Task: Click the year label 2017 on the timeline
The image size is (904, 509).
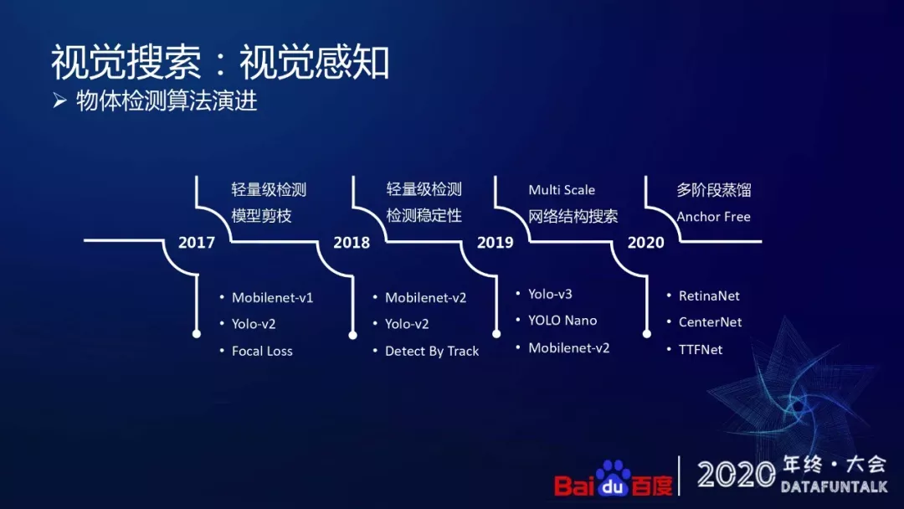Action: [197, 242]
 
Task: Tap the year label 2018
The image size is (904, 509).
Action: [352, 242]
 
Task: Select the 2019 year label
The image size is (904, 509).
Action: [496, 242]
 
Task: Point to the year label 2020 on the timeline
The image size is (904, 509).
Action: [645, 242]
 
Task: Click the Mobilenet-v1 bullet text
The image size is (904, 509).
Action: [273, 297]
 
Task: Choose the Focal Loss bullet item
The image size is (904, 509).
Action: [262, 351]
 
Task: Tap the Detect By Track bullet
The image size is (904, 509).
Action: [432, 351]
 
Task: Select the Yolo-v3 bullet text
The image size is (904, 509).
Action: [550, 294]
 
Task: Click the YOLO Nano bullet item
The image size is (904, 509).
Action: [562, 321]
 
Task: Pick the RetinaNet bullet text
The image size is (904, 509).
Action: [709, 296]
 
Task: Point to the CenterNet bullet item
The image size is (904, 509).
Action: [711, 322]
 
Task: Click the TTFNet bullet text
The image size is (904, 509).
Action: [701, 349]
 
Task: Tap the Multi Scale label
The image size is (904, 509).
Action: [562, 190]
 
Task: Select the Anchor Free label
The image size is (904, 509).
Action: [714, 217]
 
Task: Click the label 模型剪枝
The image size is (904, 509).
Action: [262, 216]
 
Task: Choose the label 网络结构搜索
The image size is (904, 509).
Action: [573, 216]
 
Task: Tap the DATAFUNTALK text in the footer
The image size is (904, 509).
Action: [835, 487]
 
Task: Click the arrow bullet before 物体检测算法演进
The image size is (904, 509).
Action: [60, 100]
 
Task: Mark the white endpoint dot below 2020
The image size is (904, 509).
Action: [647, 334]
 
